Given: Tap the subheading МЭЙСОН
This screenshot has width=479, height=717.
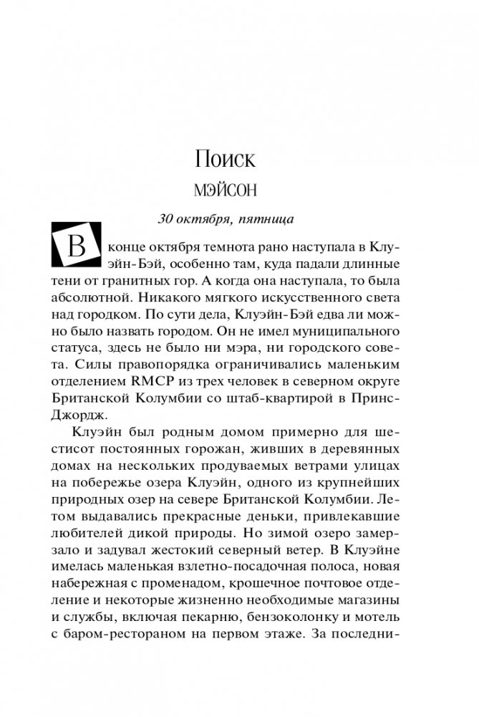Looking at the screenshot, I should (x=225, y=192).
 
